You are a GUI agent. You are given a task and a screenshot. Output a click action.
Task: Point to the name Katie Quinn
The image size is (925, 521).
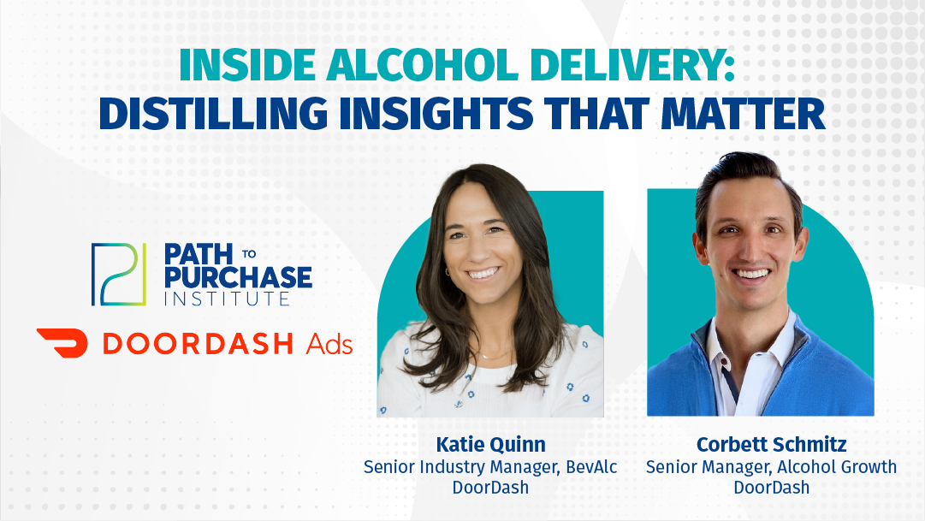click(490, 445)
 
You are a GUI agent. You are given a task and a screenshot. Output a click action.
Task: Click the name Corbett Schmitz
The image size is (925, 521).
click(771, 445)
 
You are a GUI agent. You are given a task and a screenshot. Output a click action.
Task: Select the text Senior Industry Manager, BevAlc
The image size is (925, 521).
click(490, 467)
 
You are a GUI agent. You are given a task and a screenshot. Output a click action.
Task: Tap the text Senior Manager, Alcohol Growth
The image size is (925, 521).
click(771, 467)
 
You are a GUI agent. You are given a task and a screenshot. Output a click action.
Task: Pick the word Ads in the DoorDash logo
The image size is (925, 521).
click(329, 344)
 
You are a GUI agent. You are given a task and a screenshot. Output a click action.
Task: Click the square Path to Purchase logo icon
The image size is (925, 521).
click(113, 274)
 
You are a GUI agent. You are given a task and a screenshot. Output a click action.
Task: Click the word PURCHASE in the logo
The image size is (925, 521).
click(237, 276)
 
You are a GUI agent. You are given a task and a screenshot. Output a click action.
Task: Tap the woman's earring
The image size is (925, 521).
click(446, 273)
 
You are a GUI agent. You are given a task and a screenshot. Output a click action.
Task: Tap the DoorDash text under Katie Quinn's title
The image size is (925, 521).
click(490, 488)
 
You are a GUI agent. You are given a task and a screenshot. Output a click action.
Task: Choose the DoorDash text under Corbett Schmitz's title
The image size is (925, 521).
click(771, 488)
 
